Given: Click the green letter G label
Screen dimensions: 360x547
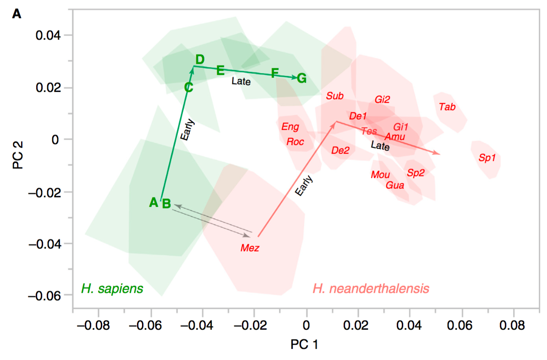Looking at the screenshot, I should tap(301, 78).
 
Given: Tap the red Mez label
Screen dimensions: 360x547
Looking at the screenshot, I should tap(250, 248).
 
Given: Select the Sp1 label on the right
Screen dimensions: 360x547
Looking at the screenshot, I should tap(487, 158).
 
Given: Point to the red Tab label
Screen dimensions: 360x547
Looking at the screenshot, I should tap(447, 107).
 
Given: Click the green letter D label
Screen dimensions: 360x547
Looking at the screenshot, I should tap(200, 60).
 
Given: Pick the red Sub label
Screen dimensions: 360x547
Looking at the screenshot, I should tap(335, 96).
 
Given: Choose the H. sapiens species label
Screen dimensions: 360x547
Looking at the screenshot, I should tap(112, 289).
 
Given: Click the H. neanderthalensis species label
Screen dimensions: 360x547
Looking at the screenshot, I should tap(371, 289).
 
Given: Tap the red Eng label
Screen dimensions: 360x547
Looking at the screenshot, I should tap(290, 126).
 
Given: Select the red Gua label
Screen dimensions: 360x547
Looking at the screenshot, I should tap(395, 185).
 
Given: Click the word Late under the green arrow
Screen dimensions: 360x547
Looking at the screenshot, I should tap(241, 82).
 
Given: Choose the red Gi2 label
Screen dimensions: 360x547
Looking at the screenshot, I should tap(382, 99).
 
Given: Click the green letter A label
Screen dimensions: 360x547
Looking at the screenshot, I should tap(154, 202).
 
